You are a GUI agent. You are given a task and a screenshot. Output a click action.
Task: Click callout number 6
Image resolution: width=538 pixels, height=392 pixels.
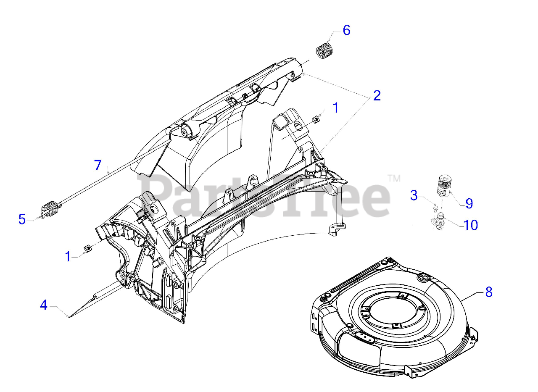point(346,31)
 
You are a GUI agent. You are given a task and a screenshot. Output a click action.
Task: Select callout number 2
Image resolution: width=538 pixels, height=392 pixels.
point(377,96)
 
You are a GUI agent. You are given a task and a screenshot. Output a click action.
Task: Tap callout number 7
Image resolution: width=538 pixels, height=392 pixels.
point(98,166)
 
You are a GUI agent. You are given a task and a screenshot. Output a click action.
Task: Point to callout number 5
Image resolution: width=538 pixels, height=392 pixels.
point(22,219)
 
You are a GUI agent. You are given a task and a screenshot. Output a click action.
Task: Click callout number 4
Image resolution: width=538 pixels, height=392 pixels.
point(44,305)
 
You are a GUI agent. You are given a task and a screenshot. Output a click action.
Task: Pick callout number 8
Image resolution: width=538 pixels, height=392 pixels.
point(488,292)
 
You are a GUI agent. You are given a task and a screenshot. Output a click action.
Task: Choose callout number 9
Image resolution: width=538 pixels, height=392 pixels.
point(469,204)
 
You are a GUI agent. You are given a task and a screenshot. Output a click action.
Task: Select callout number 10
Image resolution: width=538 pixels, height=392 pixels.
point(471,225)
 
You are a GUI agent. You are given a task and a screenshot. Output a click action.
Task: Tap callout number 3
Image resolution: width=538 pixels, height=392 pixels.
point(414,195)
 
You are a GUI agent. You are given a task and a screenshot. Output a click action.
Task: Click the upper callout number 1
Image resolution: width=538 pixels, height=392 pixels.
point(335,108)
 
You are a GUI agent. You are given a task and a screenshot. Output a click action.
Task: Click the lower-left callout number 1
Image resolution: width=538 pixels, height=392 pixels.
point(68,256)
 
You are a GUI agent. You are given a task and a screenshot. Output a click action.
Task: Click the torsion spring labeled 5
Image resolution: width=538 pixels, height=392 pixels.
point(50,209)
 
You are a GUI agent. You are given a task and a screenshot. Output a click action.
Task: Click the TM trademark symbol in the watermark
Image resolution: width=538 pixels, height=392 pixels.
point(394,179)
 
